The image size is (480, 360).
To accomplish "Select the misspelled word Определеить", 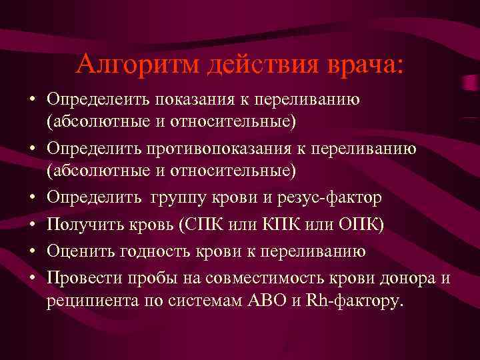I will (98, 99).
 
